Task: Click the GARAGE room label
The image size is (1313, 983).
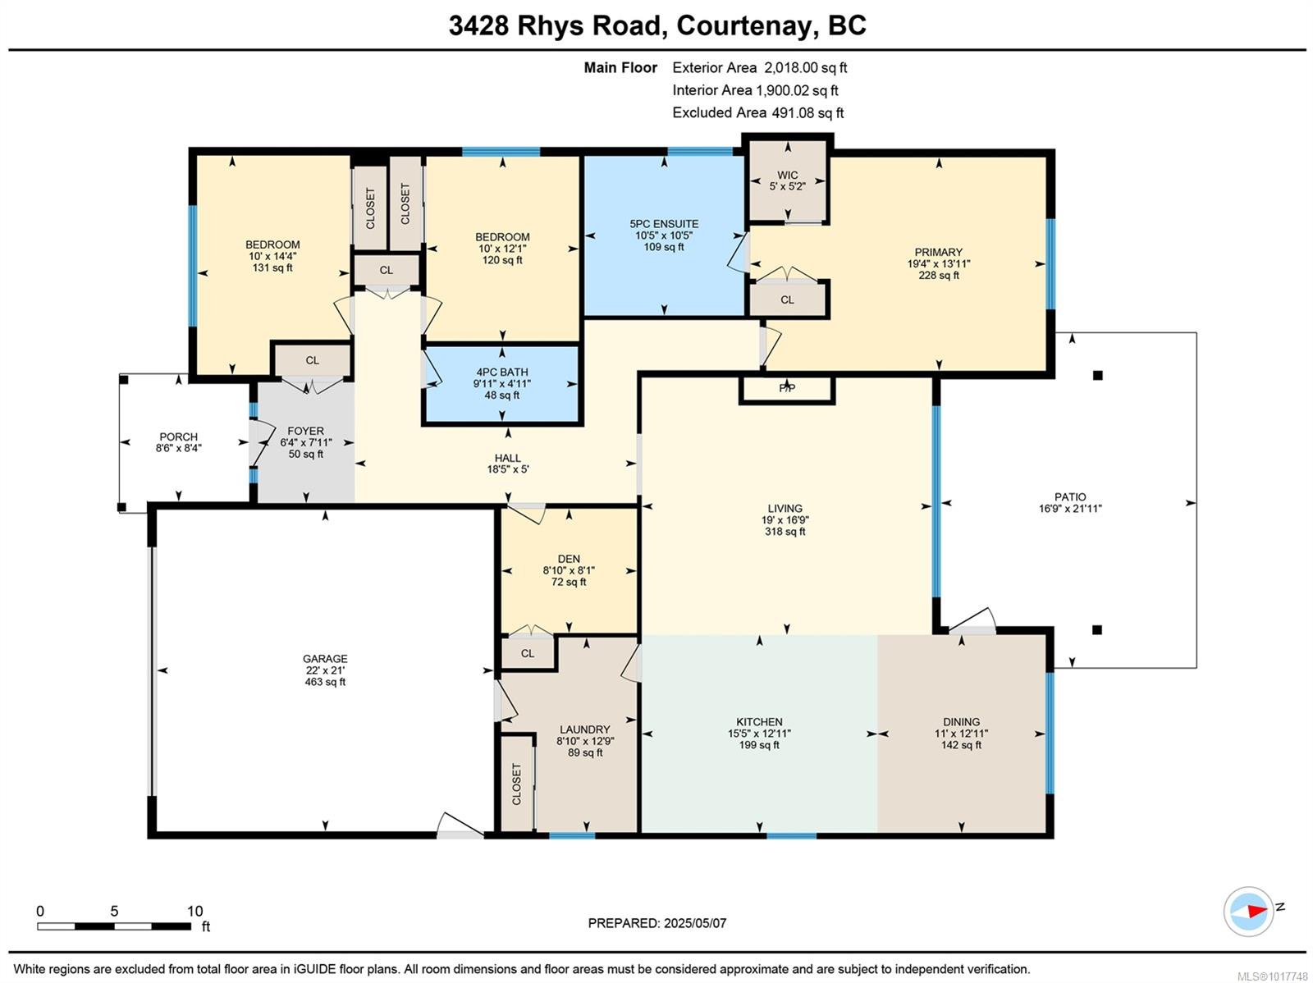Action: [x=325, y=658]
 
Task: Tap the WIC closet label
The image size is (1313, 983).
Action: [x=787, y=175]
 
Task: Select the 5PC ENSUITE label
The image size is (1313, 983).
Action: [x=664, y=223]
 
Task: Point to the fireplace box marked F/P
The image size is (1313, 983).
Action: [x=786, y=389]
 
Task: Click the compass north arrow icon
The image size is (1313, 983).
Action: [x=1249, y=911]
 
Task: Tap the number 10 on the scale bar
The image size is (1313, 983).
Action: [x=194, y=911]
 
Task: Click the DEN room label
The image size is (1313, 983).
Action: [x=568, y=559]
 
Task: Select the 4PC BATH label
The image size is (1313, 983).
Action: [x=502, y=372]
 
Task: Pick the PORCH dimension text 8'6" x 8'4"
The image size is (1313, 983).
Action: [x=178, y=448]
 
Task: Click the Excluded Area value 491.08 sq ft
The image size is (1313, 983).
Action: [x=807, y=112]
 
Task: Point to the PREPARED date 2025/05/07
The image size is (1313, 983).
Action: [x=693, y=923]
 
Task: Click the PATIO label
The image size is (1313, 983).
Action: [x=1070, y=496]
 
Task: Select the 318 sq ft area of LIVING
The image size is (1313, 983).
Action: [x=785, y=532]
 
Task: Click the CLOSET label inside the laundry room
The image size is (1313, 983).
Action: [x=516, y=784]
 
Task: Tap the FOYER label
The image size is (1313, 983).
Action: [x=305, y=431]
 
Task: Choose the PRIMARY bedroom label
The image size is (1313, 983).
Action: [x=938, y=252]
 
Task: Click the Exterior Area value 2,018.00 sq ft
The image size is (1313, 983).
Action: [x=805, y=67]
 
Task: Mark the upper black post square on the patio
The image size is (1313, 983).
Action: [x=1097, y=375]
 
